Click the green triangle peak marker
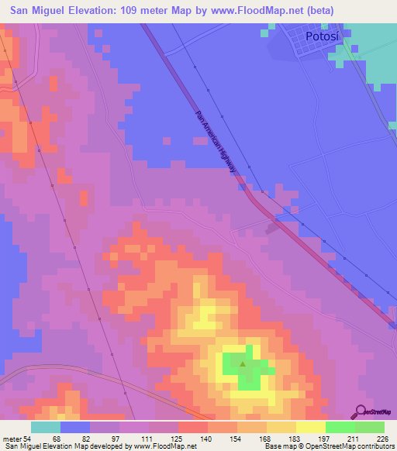pos(243,365)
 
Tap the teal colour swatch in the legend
pos(45,427)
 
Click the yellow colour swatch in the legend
pos(310,427)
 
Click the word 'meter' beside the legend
pos(11,437)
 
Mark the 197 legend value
pos(326,437)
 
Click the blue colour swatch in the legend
pos(74,427)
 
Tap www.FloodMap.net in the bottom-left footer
pos(164,446)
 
